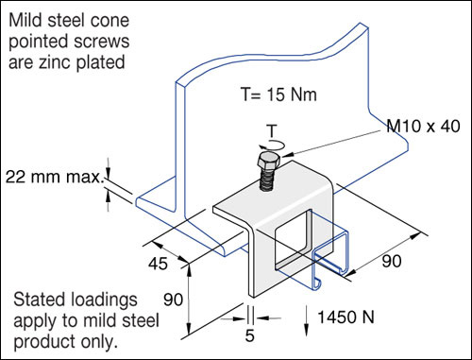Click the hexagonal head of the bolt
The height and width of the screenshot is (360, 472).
point(268,162)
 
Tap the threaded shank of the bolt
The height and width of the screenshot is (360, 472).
point(266,180)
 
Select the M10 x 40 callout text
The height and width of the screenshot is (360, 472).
point(423,126)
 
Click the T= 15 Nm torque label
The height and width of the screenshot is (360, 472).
point(278,94)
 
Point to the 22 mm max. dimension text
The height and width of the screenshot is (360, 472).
point(54,177)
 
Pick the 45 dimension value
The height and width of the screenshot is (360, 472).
point(158,264)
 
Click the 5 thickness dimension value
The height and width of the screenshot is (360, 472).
point(249,335)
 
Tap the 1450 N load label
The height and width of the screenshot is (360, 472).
point(346,317)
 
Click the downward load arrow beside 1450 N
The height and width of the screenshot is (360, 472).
point(306,320)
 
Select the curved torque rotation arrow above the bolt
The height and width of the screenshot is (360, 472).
point(272,145)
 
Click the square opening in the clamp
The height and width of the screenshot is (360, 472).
point(293,239)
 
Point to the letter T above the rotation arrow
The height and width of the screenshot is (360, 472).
point(272,130)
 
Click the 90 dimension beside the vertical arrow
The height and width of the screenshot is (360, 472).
point(173,300)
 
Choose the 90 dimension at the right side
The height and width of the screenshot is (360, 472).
point(392,261)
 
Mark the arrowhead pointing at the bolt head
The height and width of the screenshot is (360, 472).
point(287,154)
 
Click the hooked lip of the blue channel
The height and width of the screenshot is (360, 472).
point(317,283)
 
